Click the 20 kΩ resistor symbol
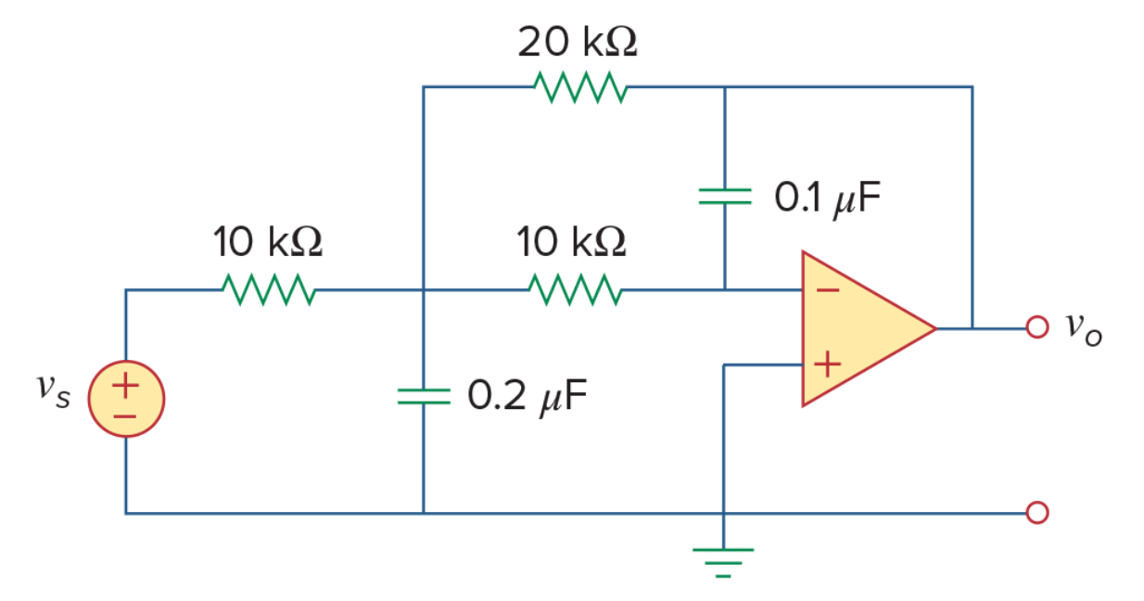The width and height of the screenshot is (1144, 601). (x=580, y=87)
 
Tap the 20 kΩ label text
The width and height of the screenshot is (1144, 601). (x=578, y=42)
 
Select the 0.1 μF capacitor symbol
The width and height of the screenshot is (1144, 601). (x=725, y=197)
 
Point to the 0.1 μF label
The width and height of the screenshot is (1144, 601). (x=827, y=198)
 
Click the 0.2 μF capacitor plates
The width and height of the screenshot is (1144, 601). (x=424, y=396)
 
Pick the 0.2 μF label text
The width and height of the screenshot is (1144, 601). (x=528, y=397)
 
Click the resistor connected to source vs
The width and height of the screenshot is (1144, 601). (x=269, y=289)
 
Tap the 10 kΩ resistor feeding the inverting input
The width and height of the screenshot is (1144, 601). (x=576, y=289)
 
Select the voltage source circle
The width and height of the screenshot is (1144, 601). (x=126, y=399)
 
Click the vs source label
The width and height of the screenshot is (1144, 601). (x=53, y=391)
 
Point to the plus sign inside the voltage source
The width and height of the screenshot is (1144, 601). (x=126, y=385)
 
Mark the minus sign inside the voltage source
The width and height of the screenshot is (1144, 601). (x=124, y=416)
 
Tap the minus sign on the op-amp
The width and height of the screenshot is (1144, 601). (x=828, y=290)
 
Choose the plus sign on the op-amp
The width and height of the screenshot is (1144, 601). (x=827, y=364)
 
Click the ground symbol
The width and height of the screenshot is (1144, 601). (x=723, y=563)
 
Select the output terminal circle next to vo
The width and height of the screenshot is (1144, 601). (x=1037, y=327)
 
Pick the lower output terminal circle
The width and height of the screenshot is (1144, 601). (x=1037, y=513)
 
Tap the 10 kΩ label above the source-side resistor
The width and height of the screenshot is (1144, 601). (x=268, y=241)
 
